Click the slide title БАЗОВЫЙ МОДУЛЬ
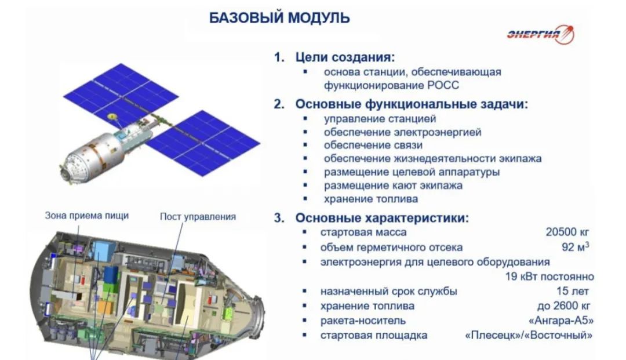point(279,18)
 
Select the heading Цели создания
point(345,58)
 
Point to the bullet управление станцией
point(380,119)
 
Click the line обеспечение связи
point(373,145)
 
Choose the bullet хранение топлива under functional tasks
point(371,198)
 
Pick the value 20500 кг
point(567,232)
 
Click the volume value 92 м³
point(577,247)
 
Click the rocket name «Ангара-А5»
point(562,321)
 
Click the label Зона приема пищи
point(87,216)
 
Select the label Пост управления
point(198,217)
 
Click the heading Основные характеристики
point(382,218)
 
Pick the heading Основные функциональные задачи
point(412,104)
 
